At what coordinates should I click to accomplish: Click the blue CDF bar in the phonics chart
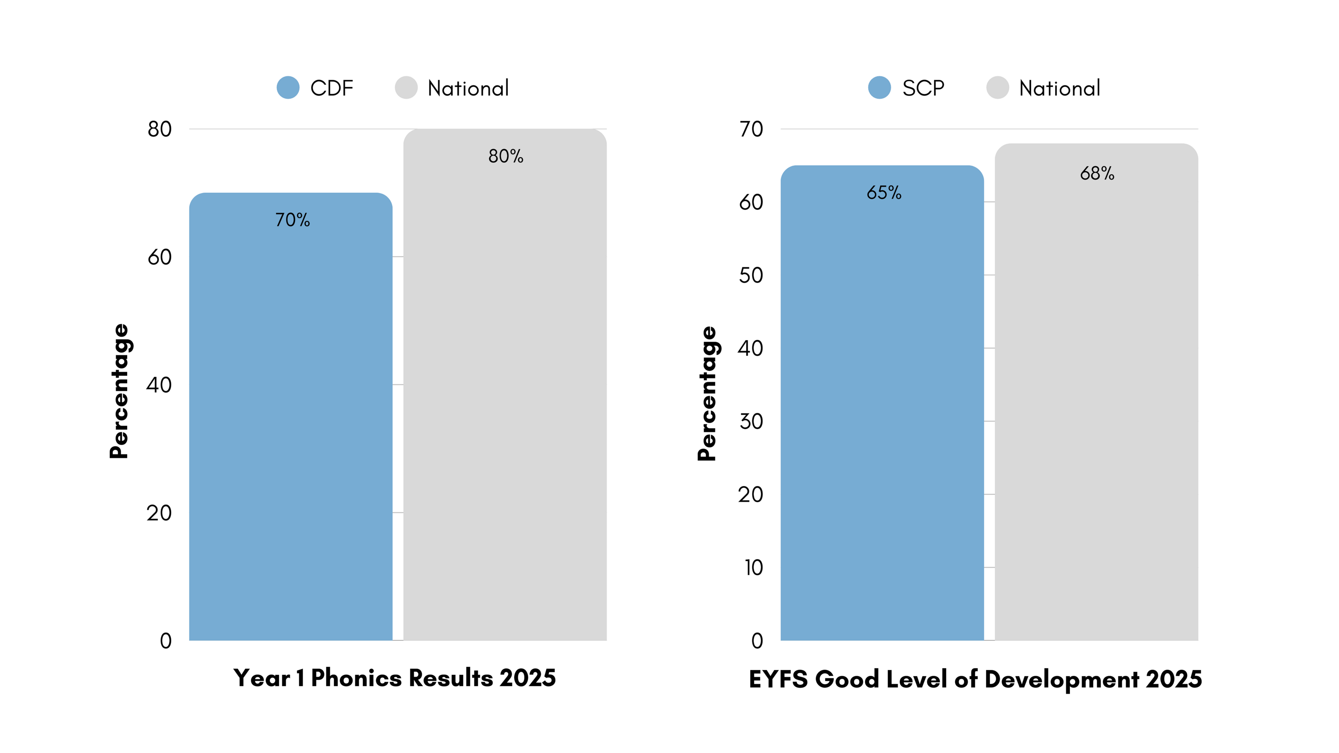tap(291, 416)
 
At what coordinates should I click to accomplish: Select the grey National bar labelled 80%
tap(505, 385)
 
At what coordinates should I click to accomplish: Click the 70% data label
tap(293, 220)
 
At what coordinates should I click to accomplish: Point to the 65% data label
tap(884, 193)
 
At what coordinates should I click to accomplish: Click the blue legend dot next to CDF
tap(288, 87)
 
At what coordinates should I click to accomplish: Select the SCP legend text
tap(923, 88)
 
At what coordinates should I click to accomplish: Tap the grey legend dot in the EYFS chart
tap(997, 87)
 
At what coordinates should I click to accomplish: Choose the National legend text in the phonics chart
tap(468, 88)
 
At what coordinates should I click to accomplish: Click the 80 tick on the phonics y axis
tap(160, 129)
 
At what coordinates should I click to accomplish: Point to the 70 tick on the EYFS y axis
tap(751, 129)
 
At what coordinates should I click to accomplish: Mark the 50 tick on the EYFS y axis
tap(751, 275)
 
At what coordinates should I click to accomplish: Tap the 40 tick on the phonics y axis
tap(159, 385)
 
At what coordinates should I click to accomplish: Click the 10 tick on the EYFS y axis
tap(753, 567)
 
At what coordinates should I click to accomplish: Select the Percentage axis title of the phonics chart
tap(119, 391)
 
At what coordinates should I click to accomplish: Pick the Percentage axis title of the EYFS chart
tap(707, 393)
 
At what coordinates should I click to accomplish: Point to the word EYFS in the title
tap(778, 679)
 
